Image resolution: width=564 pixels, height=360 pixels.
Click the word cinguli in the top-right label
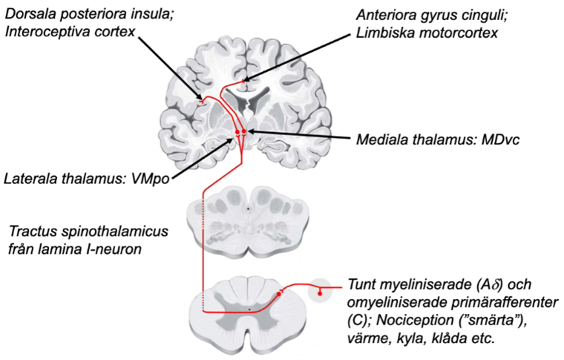[476, 15]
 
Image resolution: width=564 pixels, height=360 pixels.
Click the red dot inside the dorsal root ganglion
[320, 294]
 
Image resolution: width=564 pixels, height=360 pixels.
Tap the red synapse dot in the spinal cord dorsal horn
[280, 294]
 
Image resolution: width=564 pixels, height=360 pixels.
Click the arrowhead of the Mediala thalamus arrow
[249, 131]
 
